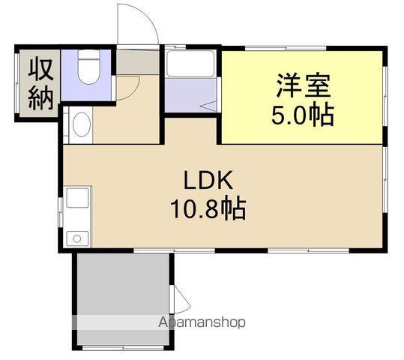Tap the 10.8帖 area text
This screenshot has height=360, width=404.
(x=210, y=209)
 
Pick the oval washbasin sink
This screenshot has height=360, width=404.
(x=80, y=124)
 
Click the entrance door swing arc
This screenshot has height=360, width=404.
(x=138, y=22)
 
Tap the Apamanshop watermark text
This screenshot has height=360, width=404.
(x=200, y=322)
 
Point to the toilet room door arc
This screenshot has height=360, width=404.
(x=126, y=85)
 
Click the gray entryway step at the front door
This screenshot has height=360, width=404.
(x=138, y=62)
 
